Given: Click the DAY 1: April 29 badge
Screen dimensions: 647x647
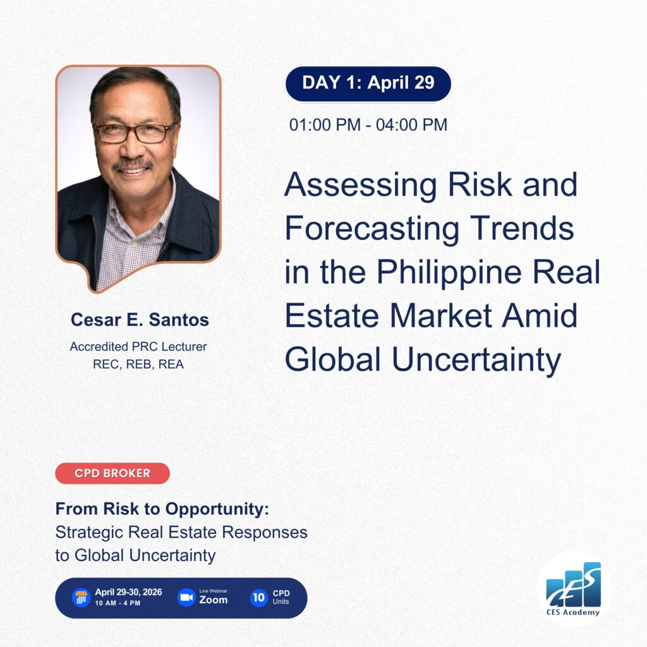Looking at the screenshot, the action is pos(368,83).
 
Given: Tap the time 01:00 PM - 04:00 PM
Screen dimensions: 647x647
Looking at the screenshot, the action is pos(368,124).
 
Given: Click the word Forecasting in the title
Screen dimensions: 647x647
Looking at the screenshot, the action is pos(372,229).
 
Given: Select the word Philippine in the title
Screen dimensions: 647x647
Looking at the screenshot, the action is pos(449,272).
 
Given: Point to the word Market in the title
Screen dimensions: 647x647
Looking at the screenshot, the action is pos(440,316).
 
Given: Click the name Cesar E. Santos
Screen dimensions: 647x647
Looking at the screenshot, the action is pos(140,320).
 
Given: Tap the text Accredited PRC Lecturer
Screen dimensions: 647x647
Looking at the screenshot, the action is pos(138,346).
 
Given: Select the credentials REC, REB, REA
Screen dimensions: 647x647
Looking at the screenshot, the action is pos(138,365).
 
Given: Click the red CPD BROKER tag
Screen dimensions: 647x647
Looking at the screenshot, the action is pos(112,473).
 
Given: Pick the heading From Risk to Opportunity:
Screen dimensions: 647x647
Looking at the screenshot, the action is pos(162,509).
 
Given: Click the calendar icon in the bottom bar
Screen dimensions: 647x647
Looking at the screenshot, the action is pos(82,598).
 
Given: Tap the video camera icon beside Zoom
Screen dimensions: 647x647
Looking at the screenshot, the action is pos(186,598).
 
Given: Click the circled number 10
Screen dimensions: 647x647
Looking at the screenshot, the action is pos(258,598).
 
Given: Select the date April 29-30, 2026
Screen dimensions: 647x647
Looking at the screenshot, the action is pos(128,592).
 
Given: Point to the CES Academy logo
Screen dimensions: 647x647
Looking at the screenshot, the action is pos(574,590).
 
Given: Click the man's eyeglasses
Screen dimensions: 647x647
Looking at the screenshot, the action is pos(133,133).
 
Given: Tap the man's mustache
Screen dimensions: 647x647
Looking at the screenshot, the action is pos(133,164).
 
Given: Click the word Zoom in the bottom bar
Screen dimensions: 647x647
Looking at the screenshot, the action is pos(214,600).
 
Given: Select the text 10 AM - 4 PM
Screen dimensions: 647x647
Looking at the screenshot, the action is pos(118,603).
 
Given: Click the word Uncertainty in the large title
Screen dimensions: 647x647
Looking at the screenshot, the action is pos(476,359).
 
